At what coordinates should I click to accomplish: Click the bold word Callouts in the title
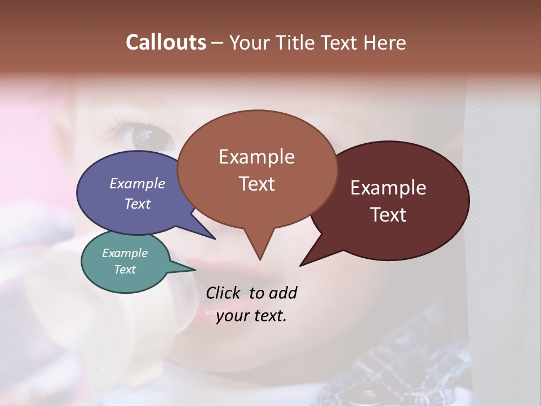point(166,42)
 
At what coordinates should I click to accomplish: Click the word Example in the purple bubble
point(138,183)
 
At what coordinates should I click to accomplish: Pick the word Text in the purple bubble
point(138,204)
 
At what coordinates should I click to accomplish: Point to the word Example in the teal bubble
point(125,253)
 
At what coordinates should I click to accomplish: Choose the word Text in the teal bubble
point(125,270)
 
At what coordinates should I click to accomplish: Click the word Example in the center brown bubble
point(256,157)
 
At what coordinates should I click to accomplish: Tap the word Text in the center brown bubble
point(256,184)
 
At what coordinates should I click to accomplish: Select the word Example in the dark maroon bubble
point(388,188)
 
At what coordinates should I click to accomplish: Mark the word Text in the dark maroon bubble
point(388,215)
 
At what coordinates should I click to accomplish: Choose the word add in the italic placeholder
point(282,293)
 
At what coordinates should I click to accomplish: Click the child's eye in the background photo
point(144,135)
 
